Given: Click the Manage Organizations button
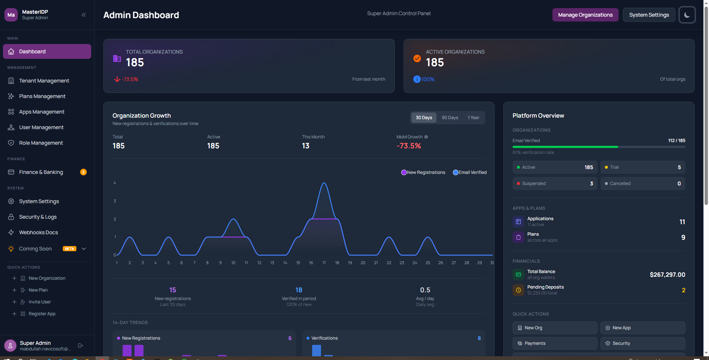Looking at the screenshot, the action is point(585,15).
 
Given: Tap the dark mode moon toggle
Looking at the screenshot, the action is point(687,15).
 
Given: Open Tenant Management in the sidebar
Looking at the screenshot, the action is point(44,81).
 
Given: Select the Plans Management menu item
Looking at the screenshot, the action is point(42,96).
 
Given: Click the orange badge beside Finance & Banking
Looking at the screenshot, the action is point(83,172).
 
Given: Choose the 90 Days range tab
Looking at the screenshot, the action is point(450,118).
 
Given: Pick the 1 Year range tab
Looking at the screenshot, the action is point(473,118).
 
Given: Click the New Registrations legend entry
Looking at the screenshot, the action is point(423,172).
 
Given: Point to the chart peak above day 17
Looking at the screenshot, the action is point(324,183).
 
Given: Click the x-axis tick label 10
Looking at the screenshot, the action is point(233,263).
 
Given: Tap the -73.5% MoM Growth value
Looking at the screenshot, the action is point(409,146).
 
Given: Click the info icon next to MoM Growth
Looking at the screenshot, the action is point(426,137).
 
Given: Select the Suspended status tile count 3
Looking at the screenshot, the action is point(592,184).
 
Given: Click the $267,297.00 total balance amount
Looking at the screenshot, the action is point(667,275).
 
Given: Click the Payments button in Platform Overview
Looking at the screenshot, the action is point(555,343).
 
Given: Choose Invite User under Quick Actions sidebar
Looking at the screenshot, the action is point(40,302).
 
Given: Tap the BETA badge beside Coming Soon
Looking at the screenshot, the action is point(69,249).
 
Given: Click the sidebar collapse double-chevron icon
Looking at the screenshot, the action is point(84,15).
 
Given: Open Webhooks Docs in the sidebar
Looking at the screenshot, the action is point(38,232).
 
